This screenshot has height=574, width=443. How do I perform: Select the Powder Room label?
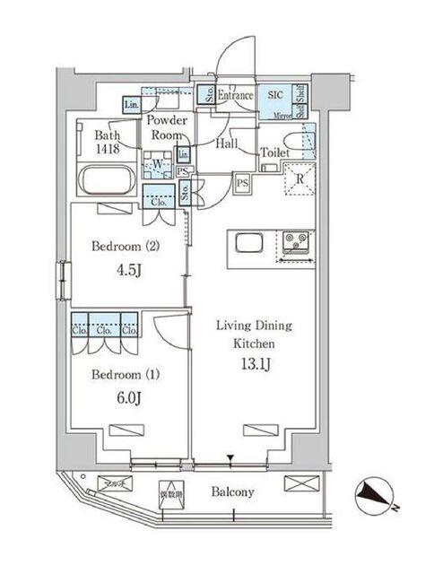click(x=166, y=128)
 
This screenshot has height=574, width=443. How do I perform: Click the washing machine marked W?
click(x=158, y=165)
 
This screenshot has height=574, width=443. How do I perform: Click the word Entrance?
click(x=236, y=95)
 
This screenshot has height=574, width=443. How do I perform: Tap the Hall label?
click(x=225, y=143)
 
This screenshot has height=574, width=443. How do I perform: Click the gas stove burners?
click(x=296, y=240)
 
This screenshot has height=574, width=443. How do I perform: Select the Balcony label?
click(x=233, y=492)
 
